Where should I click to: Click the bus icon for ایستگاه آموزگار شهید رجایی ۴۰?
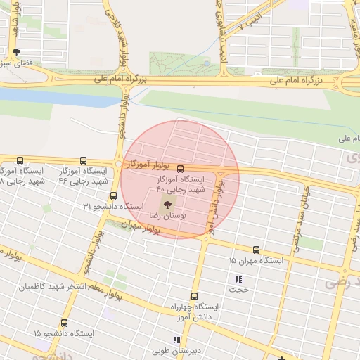pos(181,169)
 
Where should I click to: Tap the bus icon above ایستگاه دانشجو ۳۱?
pos(113,195)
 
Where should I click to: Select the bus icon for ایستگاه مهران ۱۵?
pos(255,250)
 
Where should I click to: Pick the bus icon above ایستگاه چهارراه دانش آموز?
pos(195,296)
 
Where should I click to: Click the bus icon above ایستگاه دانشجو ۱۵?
pos(64,323)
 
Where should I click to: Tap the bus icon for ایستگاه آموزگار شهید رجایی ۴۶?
pos(84,161)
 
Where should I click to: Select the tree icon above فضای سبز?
pos(17,52)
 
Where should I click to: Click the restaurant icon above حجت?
pos(237,279)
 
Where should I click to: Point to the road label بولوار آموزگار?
pos(149,164)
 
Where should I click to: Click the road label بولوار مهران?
pos(141,226)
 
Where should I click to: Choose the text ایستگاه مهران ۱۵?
pos(256,261)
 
